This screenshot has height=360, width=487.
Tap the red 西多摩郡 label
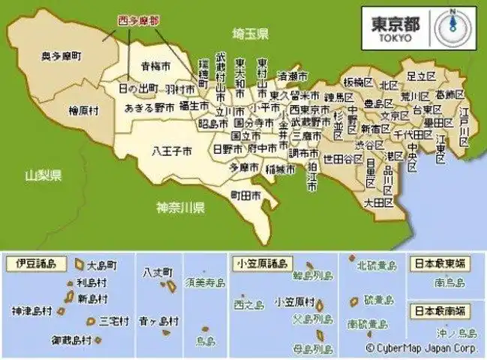click(140, 20)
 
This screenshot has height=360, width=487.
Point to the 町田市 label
click(245, 195)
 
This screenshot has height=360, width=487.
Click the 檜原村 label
click(83, 110)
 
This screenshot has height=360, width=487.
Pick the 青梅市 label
click(156, 65)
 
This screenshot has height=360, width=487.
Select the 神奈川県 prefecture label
click(181, 207)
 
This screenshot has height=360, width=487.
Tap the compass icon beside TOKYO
click(452, 25)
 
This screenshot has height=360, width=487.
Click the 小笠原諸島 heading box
click(261, 263)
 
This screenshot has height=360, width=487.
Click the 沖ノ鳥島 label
click(457, 332)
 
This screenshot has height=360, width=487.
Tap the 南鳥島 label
click(449, 283)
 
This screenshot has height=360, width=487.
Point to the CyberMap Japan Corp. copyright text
click(422, 349)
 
